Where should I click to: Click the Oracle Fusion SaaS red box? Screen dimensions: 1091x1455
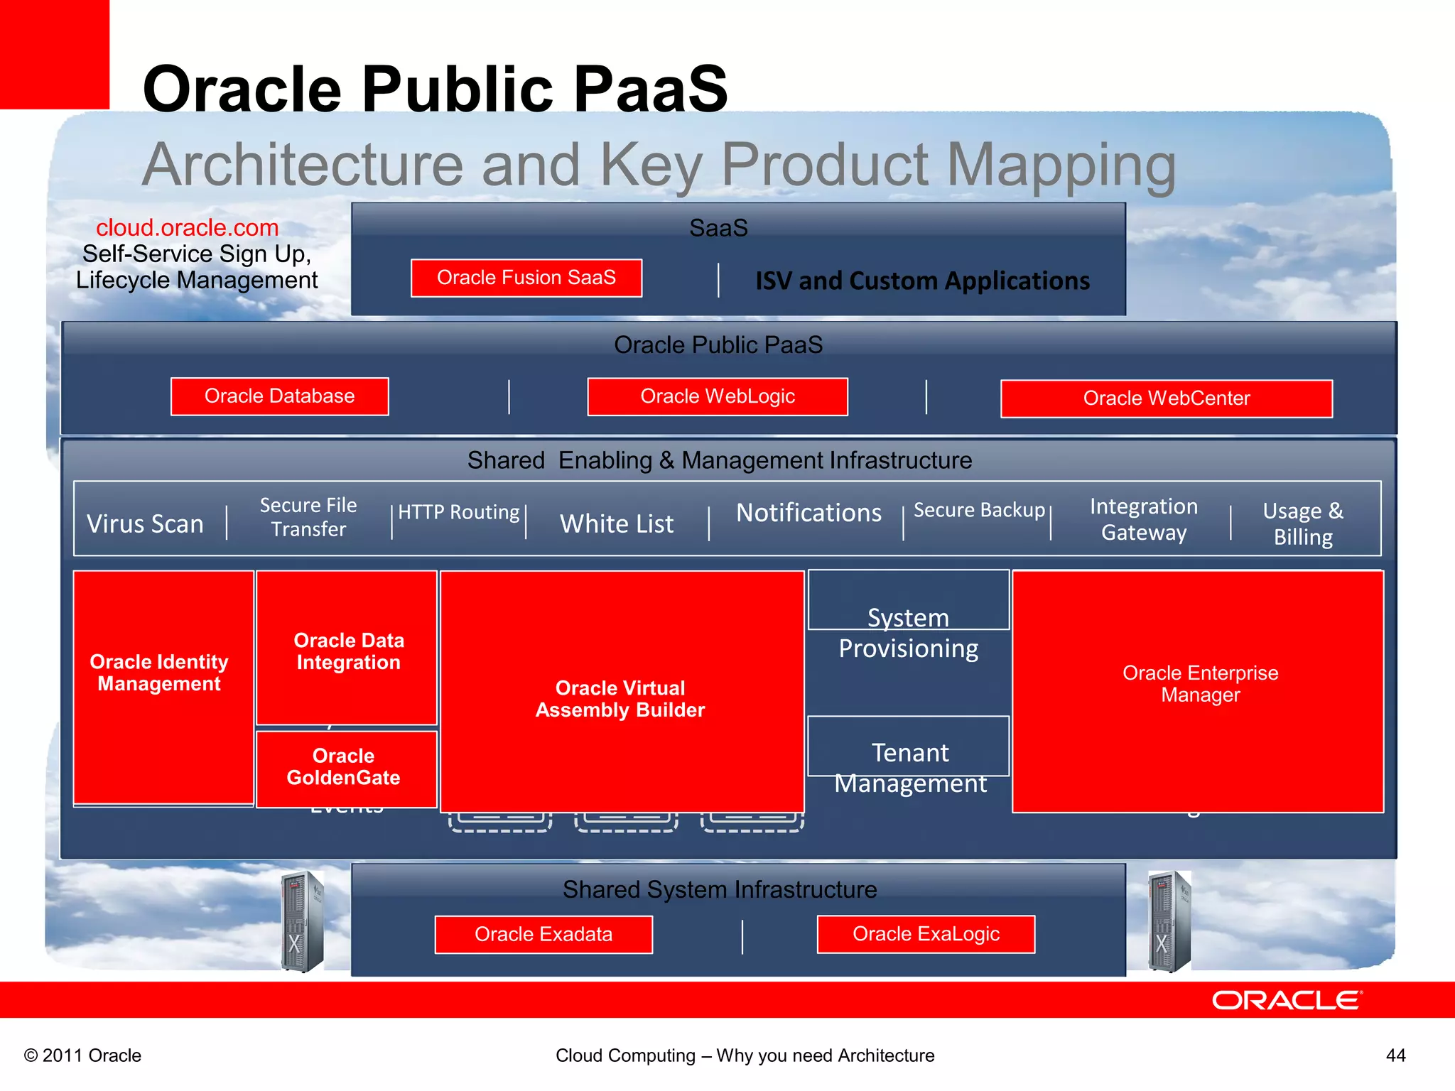(x=526, y=278)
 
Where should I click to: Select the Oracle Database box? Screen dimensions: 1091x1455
(x=279, y=396)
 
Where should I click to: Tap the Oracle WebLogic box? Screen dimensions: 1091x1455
(x=718, y=396)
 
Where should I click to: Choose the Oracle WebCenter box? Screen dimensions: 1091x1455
(x=1166, y=398)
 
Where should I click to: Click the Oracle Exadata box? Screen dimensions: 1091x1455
(x=543, y=934)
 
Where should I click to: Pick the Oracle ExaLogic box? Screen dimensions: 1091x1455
(x=926, y=934)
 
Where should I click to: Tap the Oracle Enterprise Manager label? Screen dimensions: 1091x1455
(x=1200, y=683)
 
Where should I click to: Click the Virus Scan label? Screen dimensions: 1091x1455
(x=146, y=524)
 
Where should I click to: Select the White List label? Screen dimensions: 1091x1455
(x=617, y=524)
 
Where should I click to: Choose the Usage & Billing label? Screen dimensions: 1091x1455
(x=1303, y=523)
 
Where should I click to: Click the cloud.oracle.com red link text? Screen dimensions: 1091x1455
(x=188, y=228)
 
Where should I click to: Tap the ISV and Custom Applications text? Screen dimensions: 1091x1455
(x=922, y=281)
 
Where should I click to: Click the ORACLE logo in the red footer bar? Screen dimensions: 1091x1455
(x=1287, y=1000)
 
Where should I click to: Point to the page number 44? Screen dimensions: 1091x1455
(x=1395, y=1055)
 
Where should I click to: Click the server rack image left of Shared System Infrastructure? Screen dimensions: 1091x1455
(x=303, y=921)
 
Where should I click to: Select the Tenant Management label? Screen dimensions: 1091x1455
(x=910, y=767)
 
